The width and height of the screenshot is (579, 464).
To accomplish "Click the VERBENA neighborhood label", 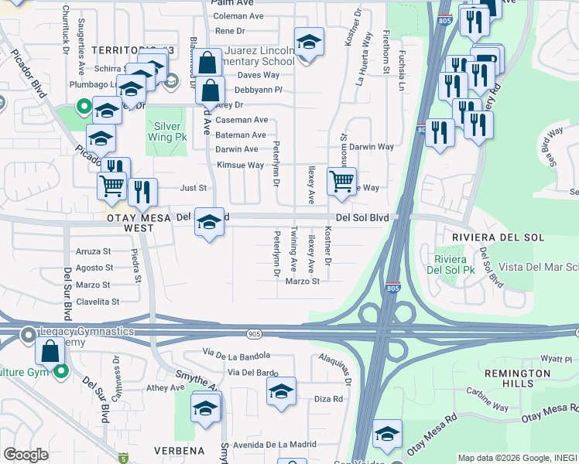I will coord(179,450).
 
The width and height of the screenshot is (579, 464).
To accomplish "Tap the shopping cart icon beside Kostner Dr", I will coord(341,182).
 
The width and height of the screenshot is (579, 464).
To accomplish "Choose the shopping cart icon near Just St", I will coord(112,186).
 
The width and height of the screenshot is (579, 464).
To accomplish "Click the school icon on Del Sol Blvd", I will coord(207,222).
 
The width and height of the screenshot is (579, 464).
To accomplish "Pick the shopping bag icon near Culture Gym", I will coord(50,352).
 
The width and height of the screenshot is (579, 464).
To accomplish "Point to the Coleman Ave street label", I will coord(238,16).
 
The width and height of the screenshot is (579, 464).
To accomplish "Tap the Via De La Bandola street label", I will coord(236,353).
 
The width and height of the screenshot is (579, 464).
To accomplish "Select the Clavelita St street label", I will coord(98,302).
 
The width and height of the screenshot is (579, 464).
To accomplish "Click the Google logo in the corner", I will coord(26,455).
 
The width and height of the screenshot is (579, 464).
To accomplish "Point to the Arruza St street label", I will coord(94,251).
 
